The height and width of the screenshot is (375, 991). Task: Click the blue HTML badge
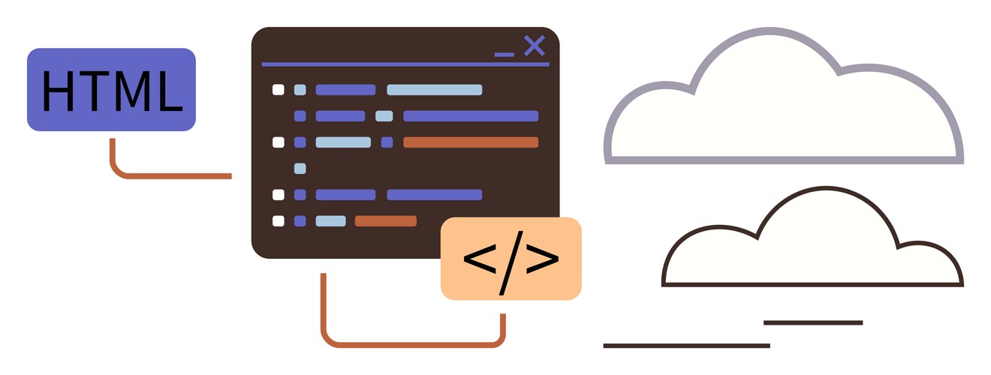[x=111, y=89]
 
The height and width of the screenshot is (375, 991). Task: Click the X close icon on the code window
[x=535, y=46]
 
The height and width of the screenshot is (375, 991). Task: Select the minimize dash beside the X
[x=505, y=55]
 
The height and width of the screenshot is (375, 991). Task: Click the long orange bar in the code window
[x=471, y=142]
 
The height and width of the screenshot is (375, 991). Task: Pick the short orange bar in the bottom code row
[x=386, y=220]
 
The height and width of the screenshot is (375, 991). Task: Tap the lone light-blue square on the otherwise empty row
[x=300, y=169]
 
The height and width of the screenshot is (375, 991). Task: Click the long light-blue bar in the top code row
[x=435, y=90]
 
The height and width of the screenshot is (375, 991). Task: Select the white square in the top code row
[x=279, y=90]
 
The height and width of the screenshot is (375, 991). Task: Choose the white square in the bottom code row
[x=279, y=220]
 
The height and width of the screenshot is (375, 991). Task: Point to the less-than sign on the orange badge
[x=480, y=259]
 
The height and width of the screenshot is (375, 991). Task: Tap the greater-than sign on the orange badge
[x=542, y=259]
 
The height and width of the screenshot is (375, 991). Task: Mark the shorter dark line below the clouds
[x=813, y=322]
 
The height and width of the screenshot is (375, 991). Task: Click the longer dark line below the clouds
[x=687, y=346]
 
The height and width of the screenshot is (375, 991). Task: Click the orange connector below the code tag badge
[x=412, y=344]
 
